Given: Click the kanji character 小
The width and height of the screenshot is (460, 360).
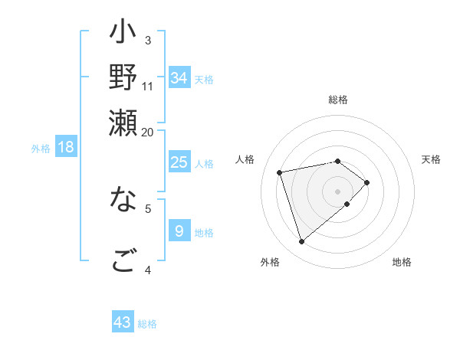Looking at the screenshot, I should (x=123, y=35).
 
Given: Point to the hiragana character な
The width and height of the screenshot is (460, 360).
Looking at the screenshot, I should (x=123, y=201).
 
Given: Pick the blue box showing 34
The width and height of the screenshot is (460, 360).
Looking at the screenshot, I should (x=179, y=78).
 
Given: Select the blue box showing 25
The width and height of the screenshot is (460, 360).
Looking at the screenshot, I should (x=179, y=162).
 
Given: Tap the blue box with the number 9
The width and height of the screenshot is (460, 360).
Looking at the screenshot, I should (x=179, y=231).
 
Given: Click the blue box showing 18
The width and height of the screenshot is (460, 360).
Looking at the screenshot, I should (x=66, y=147).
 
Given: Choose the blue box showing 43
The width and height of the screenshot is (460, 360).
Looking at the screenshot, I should (x=123, y=322).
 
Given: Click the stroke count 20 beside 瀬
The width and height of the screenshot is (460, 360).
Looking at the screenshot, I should (x=148, y=132).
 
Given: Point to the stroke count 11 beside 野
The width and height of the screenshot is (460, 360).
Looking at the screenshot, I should (x=148, y=86).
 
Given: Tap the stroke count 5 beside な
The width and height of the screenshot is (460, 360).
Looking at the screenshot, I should (x=148, y=207).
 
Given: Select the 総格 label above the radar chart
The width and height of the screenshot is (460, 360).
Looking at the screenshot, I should (x=338, y=100).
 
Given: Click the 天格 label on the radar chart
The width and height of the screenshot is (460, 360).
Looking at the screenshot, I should (x=431, y=159).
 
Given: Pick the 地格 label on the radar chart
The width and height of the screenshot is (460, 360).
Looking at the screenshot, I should (x=402, y=262).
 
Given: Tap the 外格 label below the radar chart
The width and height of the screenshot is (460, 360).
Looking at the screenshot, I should (x=270, y=262).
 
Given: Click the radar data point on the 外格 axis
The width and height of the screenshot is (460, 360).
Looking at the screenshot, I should (x=302, y=242).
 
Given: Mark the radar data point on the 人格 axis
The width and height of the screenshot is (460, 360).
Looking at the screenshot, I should (x=281, y=172).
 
